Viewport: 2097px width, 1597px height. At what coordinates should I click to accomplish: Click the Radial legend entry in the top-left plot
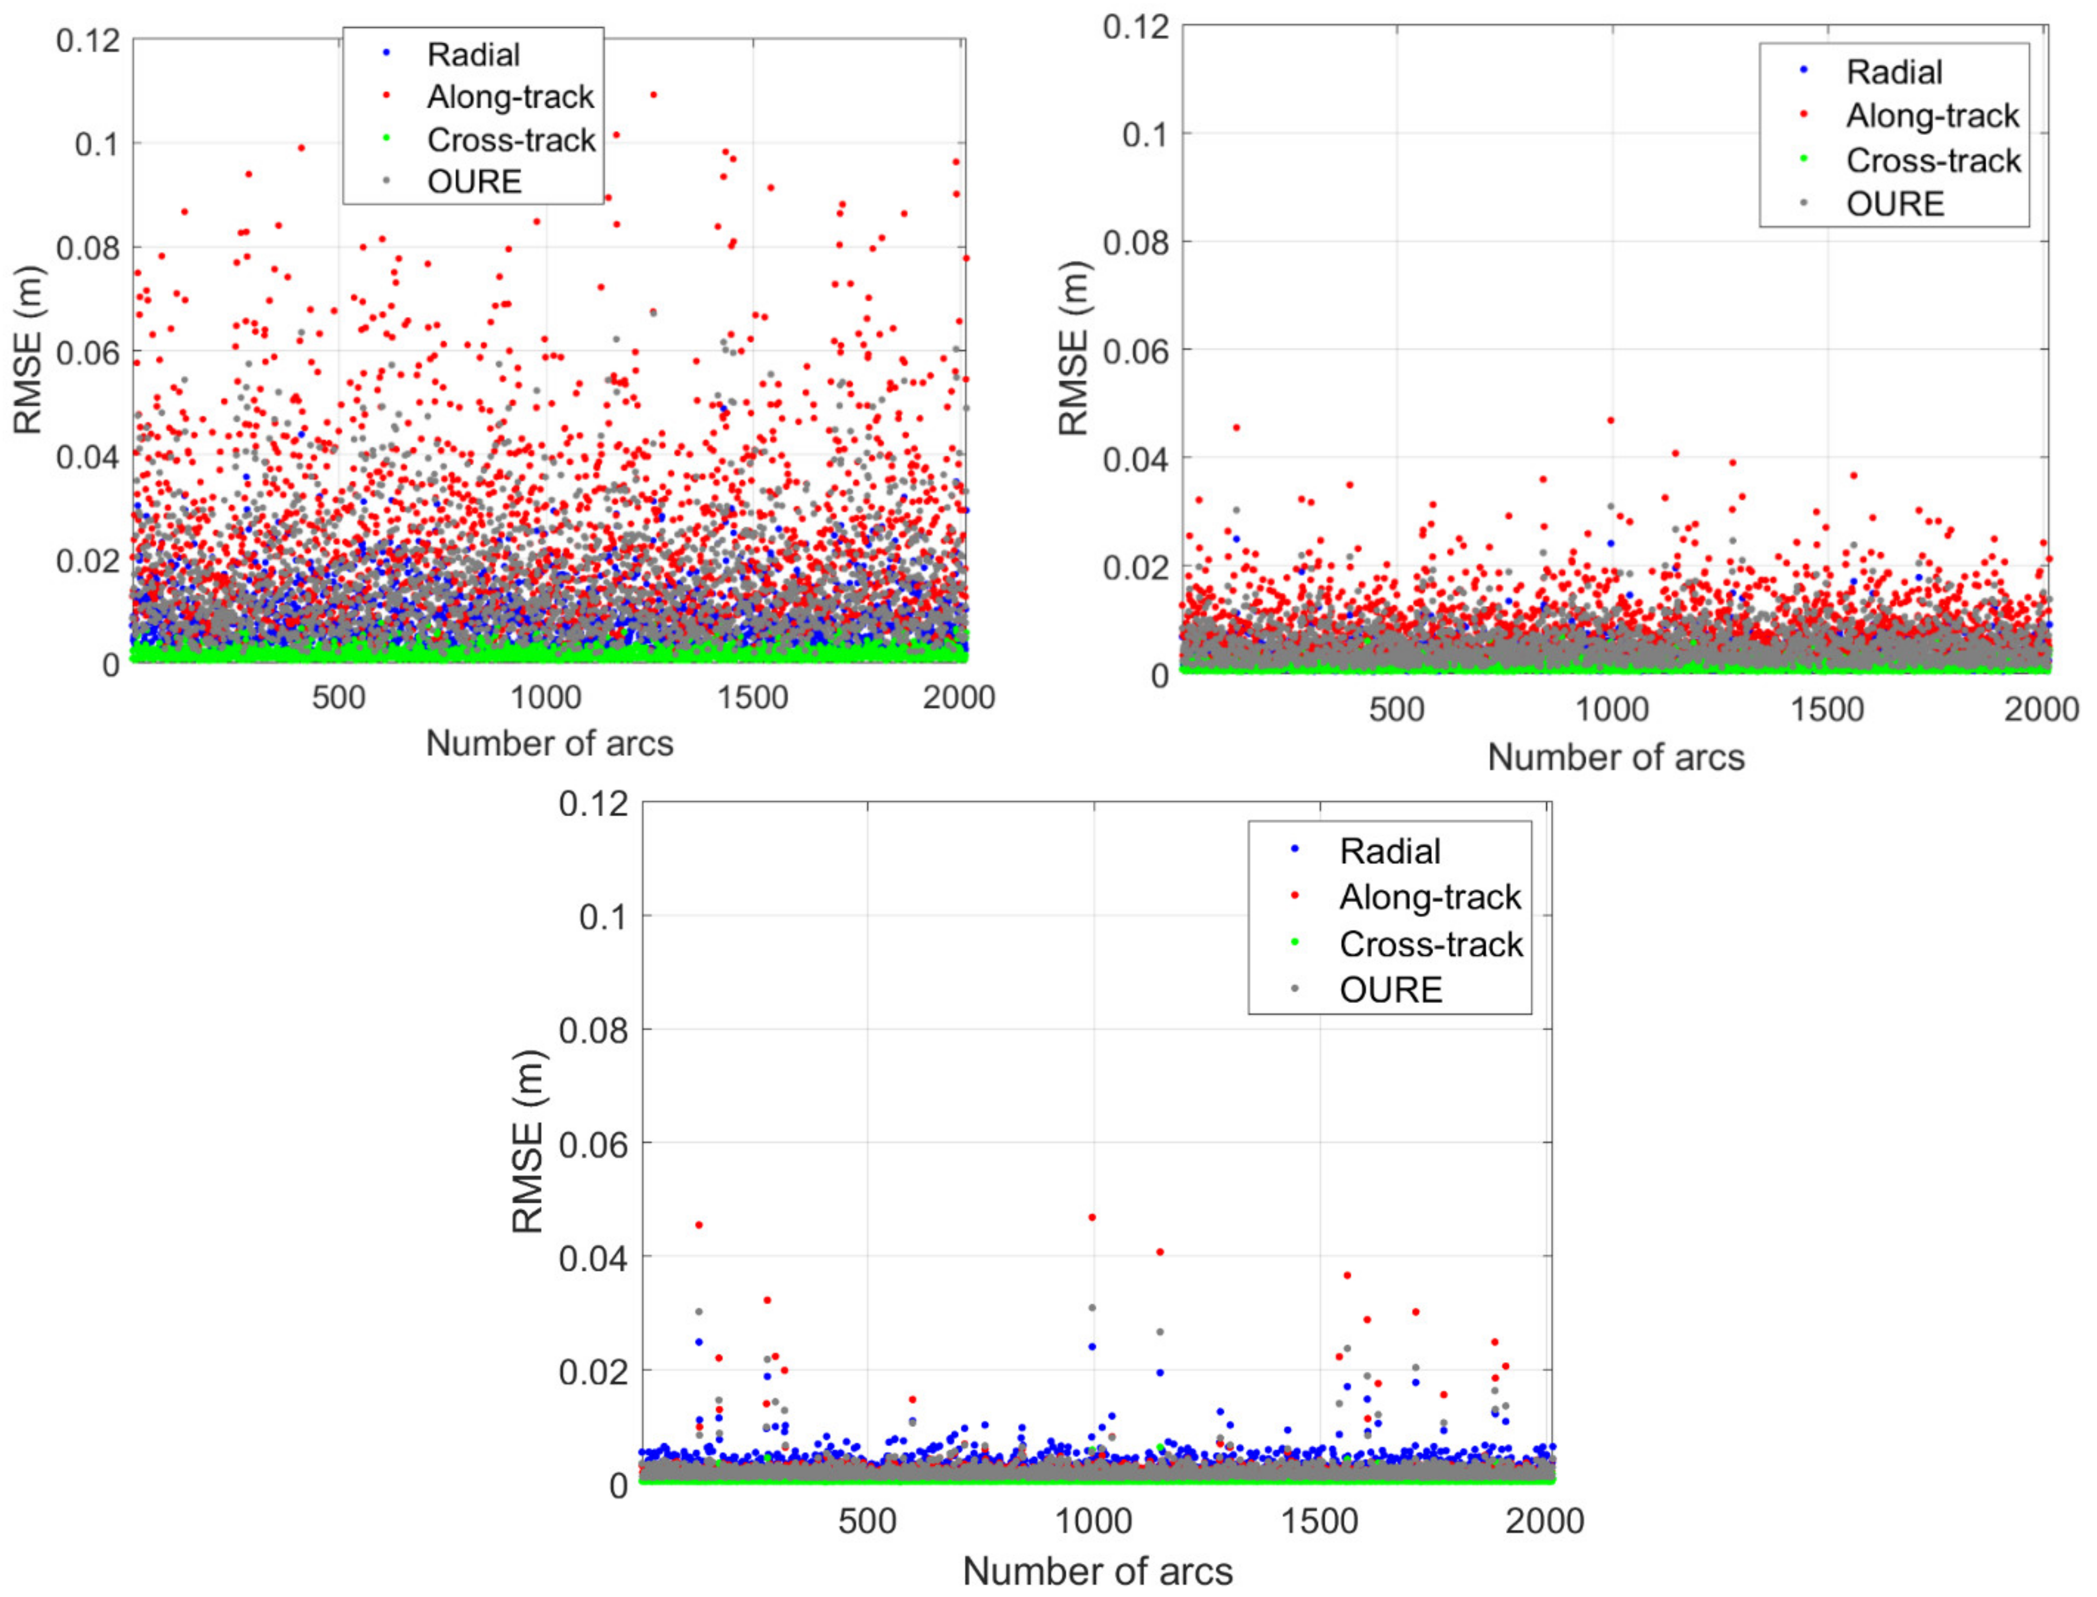pyautogui.click(x=472, y=55)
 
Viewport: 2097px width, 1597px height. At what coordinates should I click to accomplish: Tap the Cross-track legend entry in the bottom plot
pyautogui.click(x=1430, y=944)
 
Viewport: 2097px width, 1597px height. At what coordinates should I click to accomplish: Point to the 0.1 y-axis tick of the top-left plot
pyautogui.click(x=99, y=144)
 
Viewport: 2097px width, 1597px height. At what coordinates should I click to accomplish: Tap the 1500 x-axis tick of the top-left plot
pyautogui.click(x=752, y=698)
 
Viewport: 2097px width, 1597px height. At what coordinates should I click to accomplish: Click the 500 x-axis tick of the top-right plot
pyautogui.click(x=1396, y=710)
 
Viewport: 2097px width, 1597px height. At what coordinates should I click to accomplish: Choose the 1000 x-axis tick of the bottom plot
pyautogui.click(x=1092, y=1521)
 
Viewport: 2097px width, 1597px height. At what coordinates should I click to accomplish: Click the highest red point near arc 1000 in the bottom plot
pyautogui.click(x=1092, y=1217)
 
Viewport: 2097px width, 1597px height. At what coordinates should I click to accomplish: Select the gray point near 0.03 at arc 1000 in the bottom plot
pyautogui.click(x=1092, y=1308)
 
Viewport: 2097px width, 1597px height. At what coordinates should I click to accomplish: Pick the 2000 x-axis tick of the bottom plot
pyautogui.click(x=1544, y=1521)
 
